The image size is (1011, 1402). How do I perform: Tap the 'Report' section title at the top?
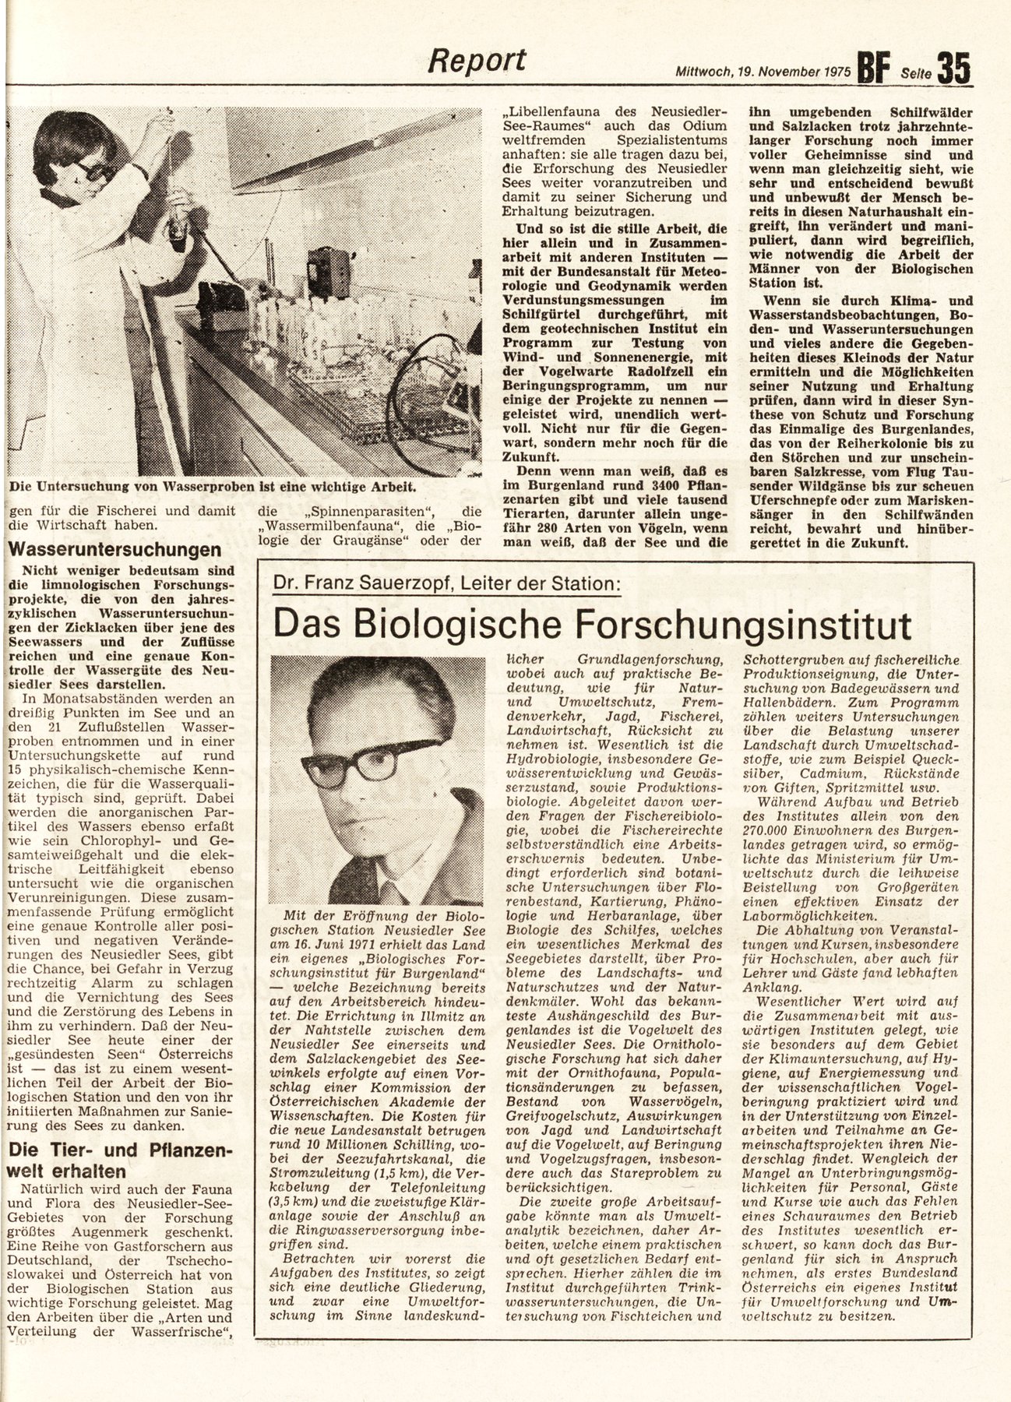(x=481, y=60)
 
